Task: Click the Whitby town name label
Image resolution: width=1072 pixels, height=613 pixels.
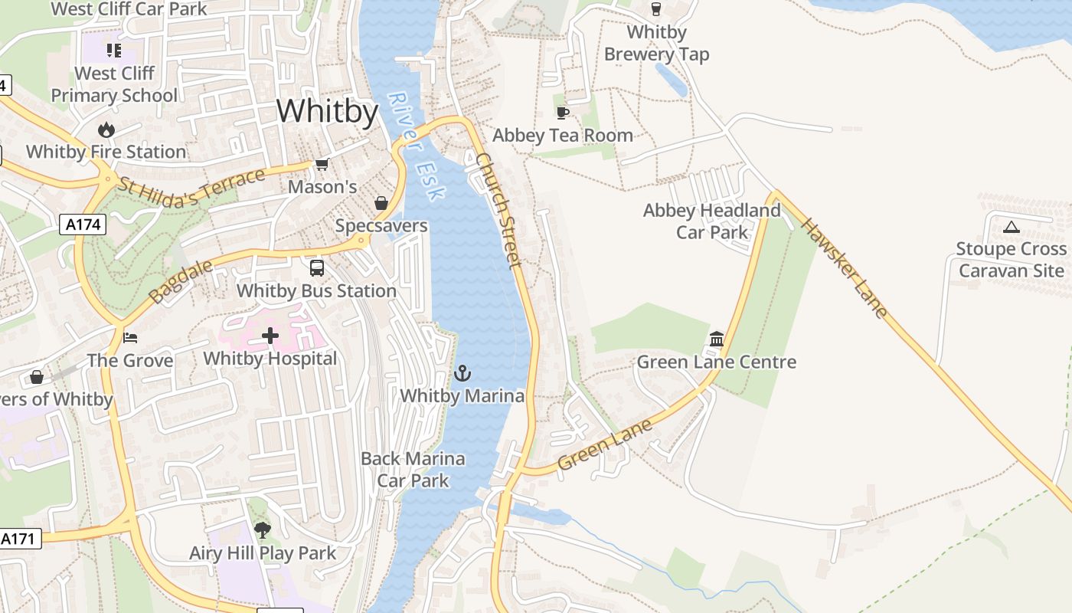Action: click(327, 112)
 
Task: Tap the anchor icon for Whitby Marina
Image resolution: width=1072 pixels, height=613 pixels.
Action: click(462, 373)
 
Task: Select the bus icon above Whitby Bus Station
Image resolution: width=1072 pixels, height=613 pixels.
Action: click(316, 268)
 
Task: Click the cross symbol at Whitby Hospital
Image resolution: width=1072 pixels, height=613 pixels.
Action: click(270, 336)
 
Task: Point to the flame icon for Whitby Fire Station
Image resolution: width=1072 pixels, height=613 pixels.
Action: click(106, 129)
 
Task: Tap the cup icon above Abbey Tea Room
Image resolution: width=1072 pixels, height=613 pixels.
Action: click(563, 113)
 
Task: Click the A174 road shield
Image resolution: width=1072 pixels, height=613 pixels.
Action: click(82, 225)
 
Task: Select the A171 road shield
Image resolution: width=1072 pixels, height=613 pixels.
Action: click(18, 539)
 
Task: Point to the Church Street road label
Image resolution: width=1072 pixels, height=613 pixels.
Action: click(498, 210)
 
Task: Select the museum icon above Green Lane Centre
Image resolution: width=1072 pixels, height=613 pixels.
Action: click(717, 339)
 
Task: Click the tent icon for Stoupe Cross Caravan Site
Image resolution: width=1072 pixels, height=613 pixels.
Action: click(1012, 227)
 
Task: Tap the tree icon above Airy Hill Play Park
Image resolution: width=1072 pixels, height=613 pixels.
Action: click(263, 529)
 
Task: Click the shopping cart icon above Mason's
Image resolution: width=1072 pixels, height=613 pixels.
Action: click(322, 165)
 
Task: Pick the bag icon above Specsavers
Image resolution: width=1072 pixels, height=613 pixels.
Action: click(381, 203)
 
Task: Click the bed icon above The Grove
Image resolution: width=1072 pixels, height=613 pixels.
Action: click(130, 337)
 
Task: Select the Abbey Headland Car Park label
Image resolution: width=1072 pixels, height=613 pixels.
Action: click(711, 221)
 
